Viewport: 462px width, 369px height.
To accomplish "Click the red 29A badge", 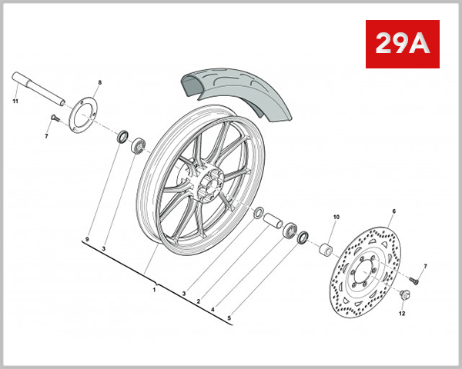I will (x=400, y=44).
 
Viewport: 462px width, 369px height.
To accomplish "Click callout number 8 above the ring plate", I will (x=99, y=82).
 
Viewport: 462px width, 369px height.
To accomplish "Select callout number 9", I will (x=88, y=241).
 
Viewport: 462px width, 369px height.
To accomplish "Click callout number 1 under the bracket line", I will (x=154, y=289).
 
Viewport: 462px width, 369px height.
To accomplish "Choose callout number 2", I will (x=198, y=302).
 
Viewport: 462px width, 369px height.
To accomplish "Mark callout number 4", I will (x=213, y=310).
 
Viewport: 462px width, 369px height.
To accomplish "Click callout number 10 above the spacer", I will (x=335, y=218).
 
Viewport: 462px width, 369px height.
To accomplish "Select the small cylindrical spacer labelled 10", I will (x=326, y=251).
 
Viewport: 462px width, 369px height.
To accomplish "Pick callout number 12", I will (x=400, y=313).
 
